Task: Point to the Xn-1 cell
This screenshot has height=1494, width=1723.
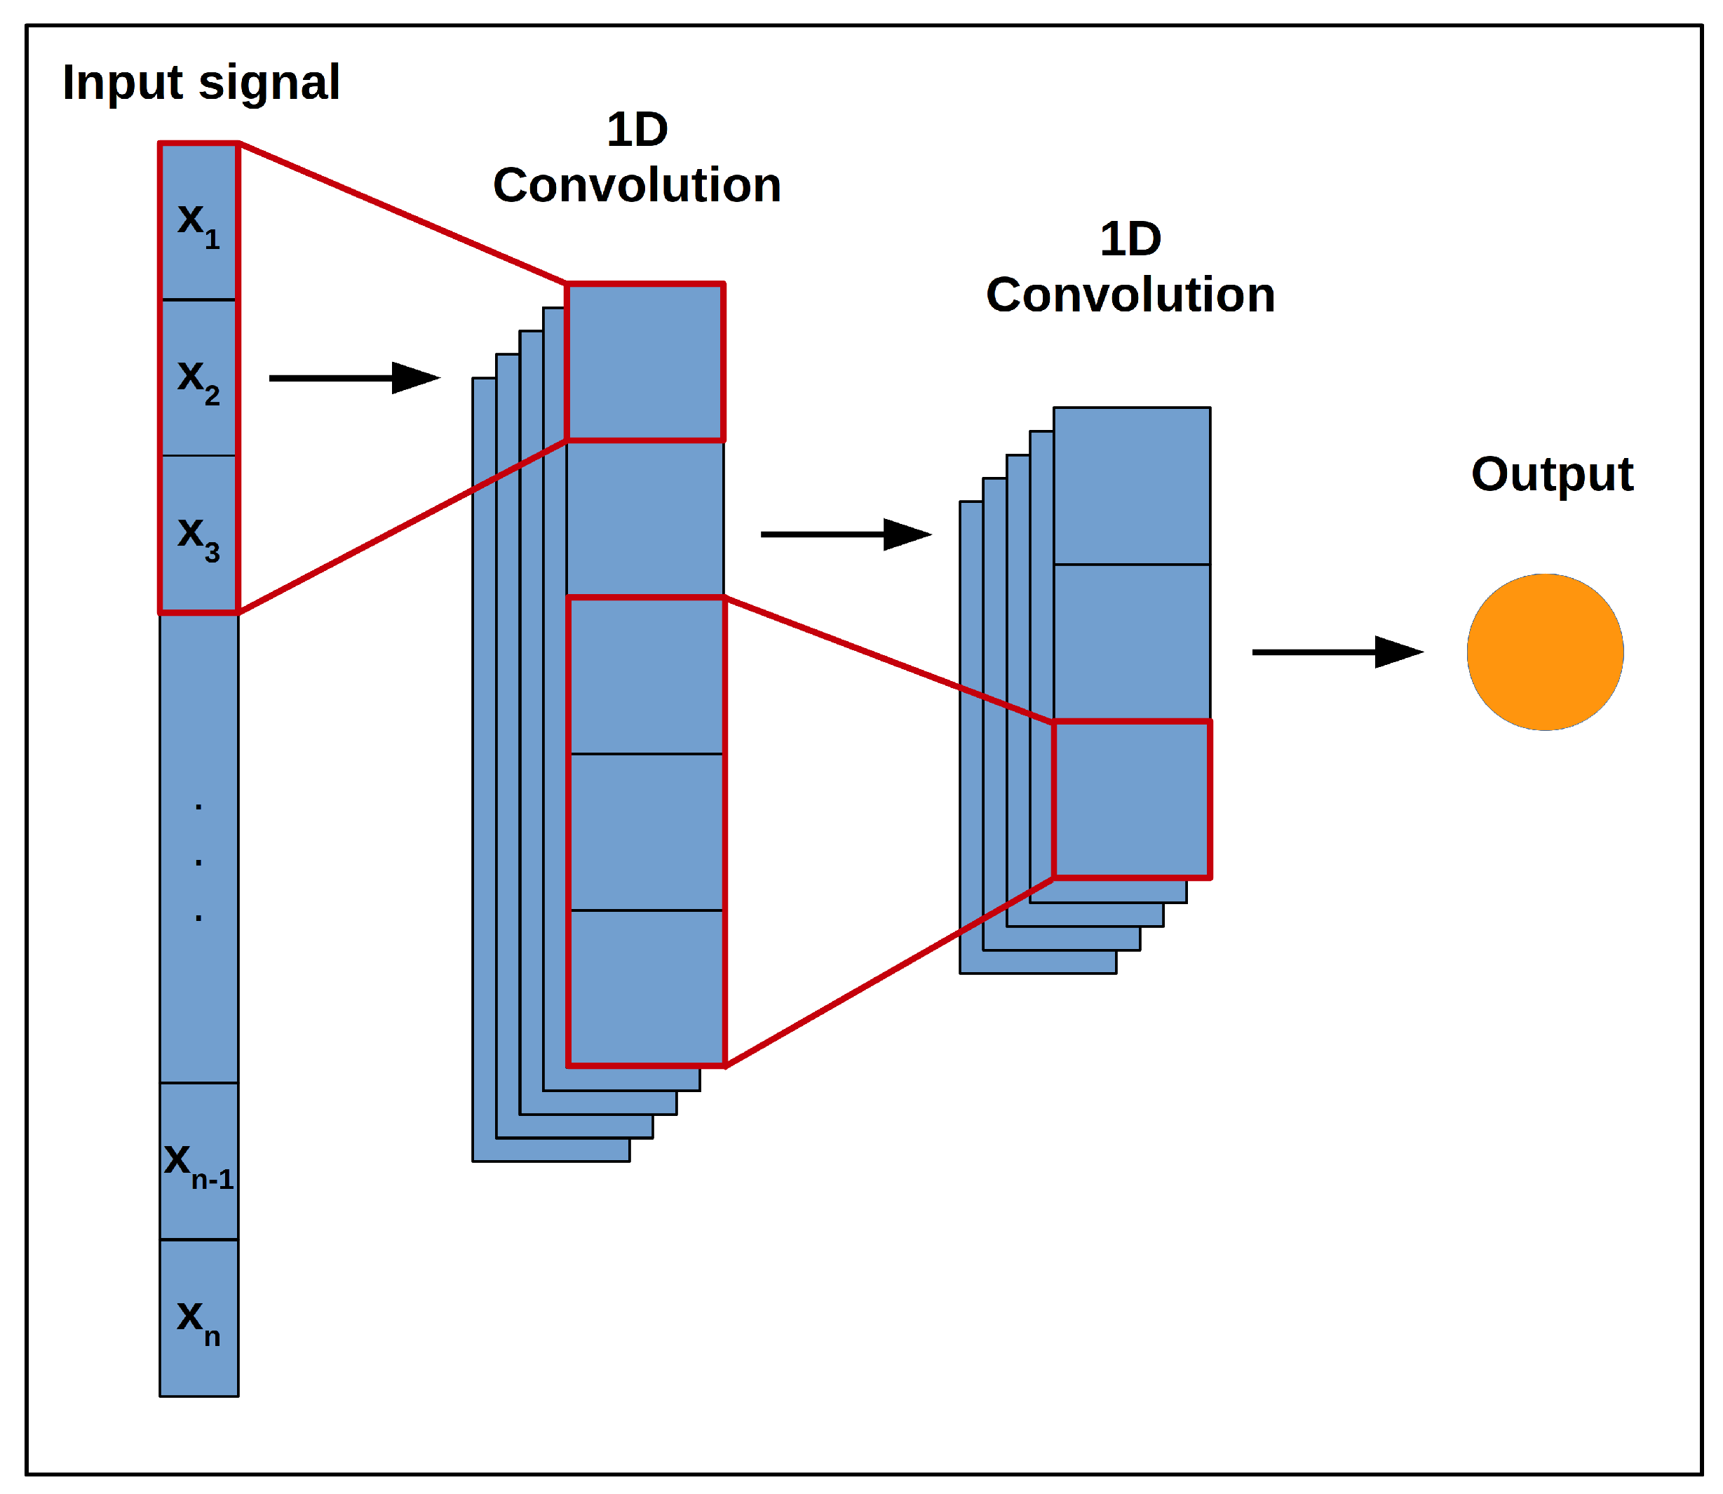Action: [x=198, y=1162]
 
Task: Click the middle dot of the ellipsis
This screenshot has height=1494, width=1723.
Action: [x=198, y=862]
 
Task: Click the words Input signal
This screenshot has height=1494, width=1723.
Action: [x=201, y=83]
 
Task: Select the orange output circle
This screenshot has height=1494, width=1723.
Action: [x=1545, y=652]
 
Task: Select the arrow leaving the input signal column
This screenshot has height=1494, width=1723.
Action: [x=353, y=379]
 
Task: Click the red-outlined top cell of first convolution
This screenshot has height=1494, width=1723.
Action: [x=644, y=363]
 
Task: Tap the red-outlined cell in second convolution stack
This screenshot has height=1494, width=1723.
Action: [x=1131, y=800]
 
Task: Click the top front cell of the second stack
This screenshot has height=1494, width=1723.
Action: [x=1131, y=486]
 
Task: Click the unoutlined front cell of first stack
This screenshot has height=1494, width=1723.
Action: [x=644, y=518]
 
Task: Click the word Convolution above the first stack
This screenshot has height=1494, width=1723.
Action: [x=637, y=185]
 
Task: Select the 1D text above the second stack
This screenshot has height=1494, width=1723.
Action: [x=1130, y=240]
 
